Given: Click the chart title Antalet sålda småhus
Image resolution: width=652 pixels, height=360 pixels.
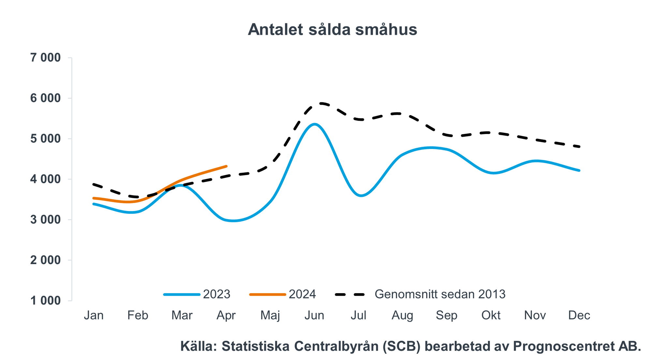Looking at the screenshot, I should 332,29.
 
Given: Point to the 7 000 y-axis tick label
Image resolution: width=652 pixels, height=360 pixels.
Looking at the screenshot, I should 45,58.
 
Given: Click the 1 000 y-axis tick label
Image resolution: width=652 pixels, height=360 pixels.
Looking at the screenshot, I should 45,301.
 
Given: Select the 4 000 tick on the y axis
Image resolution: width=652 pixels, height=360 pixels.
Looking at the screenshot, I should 45,179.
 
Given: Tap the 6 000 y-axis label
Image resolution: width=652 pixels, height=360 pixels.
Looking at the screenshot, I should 45,98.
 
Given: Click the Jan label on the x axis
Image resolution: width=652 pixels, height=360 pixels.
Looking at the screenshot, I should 94,315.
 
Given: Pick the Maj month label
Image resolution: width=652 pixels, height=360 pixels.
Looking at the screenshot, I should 270,315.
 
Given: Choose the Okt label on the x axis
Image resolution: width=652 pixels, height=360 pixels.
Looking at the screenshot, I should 491,315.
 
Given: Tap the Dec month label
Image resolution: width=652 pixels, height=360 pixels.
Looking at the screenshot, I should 579,315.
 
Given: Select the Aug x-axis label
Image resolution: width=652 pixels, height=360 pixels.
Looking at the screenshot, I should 402,315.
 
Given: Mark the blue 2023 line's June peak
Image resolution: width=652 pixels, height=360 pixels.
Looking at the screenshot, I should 314,124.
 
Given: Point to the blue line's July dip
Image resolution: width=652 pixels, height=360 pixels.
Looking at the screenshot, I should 361,196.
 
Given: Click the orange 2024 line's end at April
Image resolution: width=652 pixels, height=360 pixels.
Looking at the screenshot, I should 226,166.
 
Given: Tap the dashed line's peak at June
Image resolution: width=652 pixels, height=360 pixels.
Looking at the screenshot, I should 321,103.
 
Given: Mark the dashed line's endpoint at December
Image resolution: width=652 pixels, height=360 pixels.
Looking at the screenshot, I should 579,146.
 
